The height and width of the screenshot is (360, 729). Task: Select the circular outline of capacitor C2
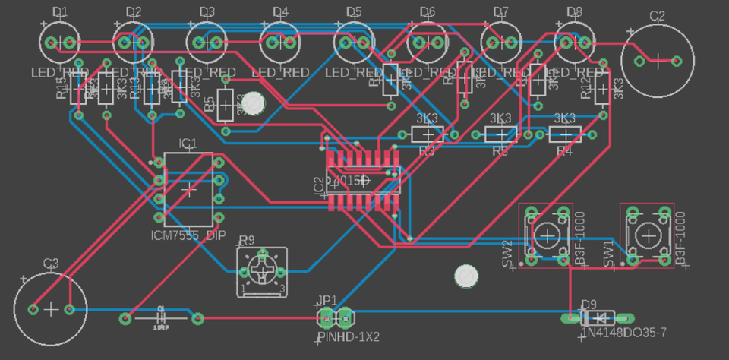tap(658, 60)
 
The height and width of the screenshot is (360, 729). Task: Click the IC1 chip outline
tap(188, 189)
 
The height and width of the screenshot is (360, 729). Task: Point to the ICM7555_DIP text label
tap(188, 236)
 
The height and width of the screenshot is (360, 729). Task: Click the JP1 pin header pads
tap(335, 315)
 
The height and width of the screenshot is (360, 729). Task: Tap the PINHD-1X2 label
tap(348, 336)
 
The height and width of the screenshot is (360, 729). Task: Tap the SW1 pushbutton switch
tap(647, 235)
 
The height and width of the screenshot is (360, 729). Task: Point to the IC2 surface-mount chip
tap(363, 181)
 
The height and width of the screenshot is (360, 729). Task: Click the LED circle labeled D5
tap(354, 42)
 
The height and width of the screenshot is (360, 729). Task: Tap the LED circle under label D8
tap(575, 42)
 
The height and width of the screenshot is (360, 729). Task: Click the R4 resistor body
tap(564, 134)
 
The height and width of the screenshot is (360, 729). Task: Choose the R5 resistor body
tap(226, 104)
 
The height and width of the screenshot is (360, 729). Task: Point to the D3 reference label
tap(207, 11)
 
